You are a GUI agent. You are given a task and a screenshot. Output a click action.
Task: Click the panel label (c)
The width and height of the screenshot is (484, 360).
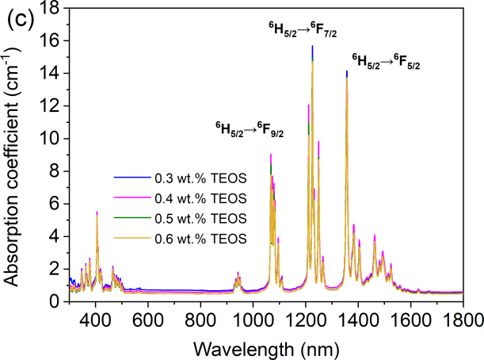click(21, 20)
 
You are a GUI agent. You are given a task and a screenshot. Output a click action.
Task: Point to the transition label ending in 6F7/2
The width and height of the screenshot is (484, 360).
click(301, 30)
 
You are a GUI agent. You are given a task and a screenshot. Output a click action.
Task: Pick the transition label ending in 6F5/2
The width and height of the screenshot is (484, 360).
click(386, 60)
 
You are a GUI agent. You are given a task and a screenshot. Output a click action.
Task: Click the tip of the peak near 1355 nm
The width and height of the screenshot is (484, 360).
click(346, 72)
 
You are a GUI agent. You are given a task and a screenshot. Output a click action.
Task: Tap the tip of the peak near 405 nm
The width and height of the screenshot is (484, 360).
click(97, 213)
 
